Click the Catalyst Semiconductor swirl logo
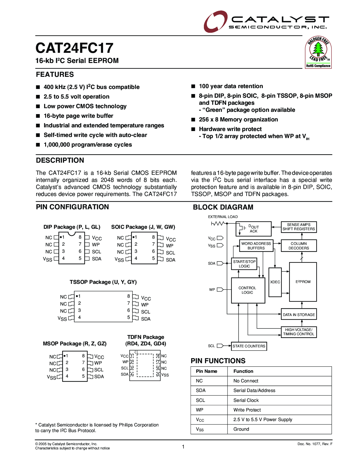(x=215, y=21)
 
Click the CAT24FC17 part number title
(x=75, y=48)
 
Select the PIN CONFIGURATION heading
(x=72, y=207)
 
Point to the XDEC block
(x=275, y=282)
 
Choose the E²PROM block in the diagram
(x=303, y=282)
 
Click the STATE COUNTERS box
(x=249, y=346)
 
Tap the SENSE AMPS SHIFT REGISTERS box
(x=299, y=227)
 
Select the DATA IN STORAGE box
(x=299, y=315)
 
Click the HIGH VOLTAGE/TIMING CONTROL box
(x=299, y=332)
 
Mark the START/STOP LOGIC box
(x=244, y=264)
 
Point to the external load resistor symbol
(x=218, y=223)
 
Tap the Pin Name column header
(x=206, y=371)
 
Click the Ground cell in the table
(x=241, y=429)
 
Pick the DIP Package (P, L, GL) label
(x=72, y=227)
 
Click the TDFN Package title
(x=146, y=337)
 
